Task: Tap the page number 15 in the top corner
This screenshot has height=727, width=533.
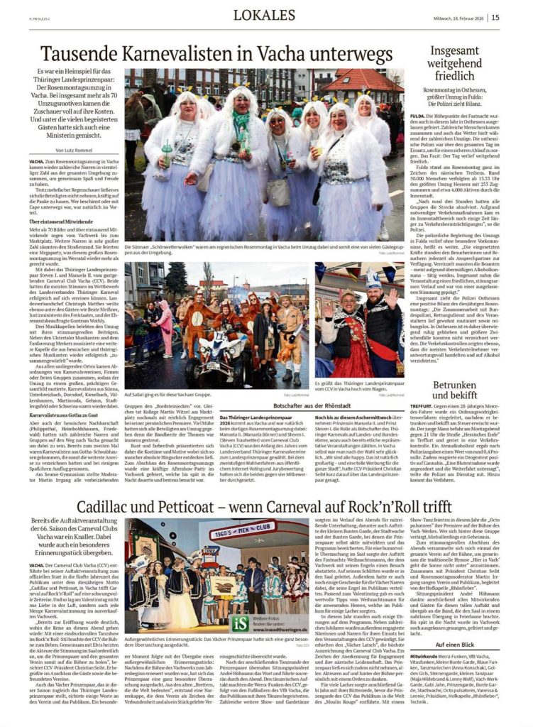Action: pos(515,17)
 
